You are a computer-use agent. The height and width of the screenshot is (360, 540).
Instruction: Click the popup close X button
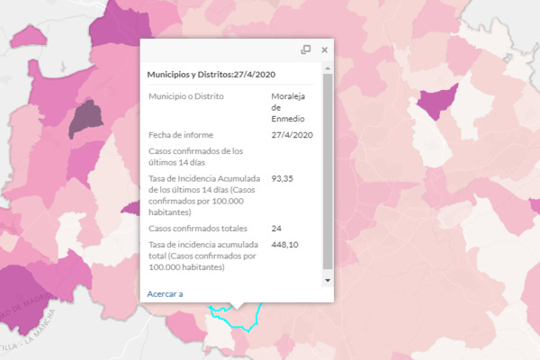point(325,50)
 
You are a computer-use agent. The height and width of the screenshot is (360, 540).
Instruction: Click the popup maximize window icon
point(306,50)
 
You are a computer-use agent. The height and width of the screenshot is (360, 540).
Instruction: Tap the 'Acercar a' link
point(165,293)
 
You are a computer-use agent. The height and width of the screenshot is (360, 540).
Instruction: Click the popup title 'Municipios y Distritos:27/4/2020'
point(211,75)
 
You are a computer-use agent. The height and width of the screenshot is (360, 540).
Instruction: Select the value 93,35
point(283,179)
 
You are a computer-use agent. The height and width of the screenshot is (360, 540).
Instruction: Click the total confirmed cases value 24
point(276,229)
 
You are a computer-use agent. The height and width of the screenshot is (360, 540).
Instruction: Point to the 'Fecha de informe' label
point(181,135)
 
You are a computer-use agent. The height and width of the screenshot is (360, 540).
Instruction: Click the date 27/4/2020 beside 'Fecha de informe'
point(292,135)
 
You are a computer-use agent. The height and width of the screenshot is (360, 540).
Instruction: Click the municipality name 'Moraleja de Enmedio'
point(289,106)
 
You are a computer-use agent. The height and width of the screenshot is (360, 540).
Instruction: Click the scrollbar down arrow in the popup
point(328,281)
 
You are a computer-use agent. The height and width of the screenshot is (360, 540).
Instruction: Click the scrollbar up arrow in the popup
point(328,68)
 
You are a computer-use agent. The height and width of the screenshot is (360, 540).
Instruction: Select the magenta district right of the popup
point(436,101)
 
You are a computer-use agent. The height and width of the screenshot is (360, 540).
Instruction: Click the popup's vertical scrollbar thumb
point(328,171)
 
